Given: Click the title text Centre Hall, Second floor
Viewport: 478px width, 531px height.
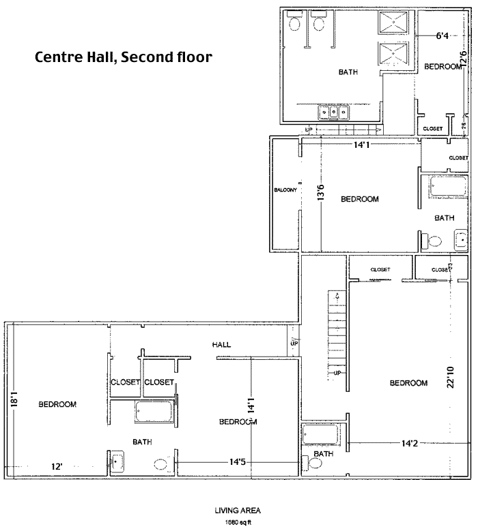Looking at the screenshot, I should (124, 57).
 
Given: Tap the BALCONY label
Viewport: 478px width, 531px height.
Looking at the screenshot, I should (284, 189).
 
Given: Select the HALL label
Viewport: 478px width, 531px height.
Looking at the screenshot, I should (221, 345).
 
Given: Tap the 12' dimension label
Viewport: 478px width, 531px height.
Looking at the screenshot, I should (57, 466).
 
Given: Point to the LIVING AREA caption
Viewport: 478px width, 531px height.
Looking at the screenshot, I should (238, 510).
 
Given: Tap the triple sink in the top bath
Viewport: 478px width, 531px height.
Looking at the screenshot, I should (335, 112).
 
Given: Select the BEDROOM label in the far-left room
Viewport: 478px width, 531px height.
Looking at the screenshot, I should (57, 404).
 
